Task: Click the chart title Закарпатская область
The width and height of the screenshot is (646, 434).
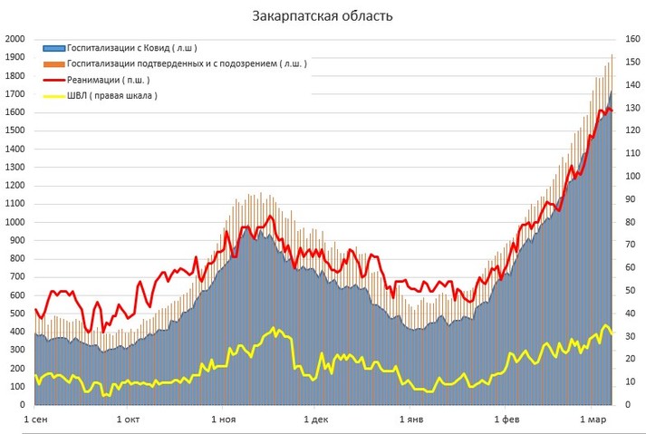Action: [x=323, y=16]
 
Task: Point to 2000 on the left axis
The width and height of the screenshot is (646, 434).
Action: [x=14, y=39]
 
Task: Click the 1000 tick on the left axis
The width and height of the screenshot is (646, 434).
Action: [x=14, y=223]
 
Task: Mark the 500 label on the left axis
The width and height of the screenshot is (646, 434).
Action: [x=16, y=314]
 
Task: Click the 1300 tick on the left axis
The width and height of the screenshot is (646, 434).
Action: [x=14, y=168]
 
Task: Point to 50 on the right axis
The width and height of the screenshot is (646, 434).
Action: [x=631, y=292]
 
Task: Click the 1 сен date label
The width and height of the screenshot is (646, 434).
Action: [x=37, y=420]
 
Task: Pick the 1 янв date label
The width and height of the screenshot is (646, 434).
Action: [x=411, y=420]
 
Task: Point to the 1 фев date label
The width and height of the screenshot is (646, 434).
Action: [x=506, y=420]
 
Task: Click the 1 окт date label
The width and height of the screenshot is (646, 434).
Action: [x=129, y=420]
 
